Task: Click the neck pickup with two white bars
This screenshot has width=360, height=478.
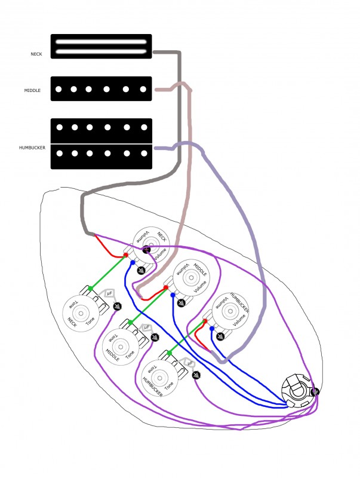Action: [x=101, y=47]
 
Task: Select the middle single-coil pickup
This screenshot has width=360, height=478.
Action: [x=101, y=89]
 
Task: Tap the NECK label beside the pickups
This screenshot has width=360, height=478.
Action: [x=36, y=54]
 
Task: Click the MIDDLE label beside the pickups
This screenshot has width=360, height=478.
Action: [x=32, y=90]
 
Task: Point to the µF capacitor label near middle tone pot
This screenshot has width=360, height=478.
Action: [x=146, y=328]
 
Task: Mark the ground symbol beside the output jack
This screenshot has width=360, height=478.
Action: [x=315, y=392]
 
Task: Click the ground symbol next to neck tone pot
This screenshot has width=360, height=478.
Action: [x=117, y=307]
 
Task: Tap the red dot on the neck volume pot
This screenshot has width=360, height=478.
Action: [x=126, y=256]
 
